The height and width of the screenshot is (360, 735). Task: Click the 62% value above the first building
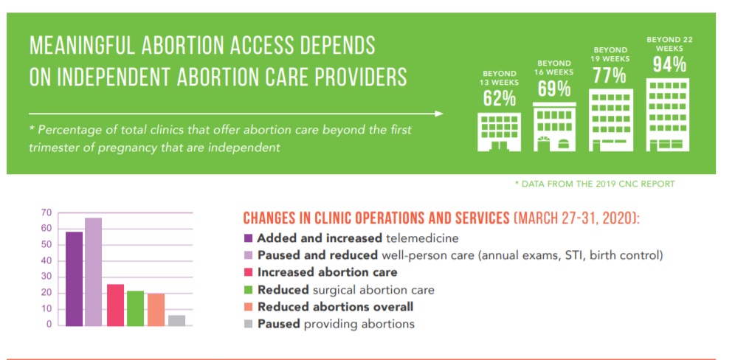tap(500, 97)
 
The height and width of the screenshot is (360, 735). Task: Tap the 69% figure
tap(554, 88)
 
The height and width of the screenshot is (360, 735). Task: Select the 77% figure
tap(609, 75)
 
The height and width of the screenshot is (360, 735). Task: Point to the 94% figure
tap(669, 64)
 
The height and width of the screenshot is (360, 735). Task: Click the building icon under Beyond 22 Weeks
tap(668, 115)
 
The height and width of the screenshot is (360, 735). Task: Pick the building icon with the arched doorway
tap(554, 127)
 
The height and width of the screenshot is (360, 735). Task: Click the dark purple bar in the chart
tap(74, 278)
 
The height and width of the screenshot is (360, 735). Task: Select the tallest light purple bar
tap(93, 272)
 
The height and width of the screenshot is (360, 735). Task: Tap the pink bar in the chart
tap(115, 305)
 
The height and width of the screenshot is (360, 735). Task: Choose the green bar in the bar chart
tap(135, 308)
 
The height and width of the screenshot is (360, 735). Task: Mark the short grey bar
tap(176, 320)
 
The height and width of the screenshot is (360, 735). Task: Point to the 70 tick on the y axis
tap(46, 212)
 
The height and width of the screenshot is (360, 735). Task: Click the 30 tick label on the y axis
tap(46, 277)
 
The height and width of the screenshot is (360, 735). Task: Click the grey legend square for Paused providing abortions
tap(249, 324)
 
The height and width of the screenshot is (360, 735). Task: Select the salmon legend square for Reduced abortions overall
tap(249, 307)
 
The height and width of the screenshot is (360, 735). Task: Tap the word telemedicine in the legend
tap(421, 238)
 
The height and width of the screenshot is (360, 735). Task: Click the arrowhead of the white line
tap(439, 114)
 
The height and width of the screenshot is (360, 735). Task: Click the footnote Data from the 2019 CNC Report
tap(595, 184)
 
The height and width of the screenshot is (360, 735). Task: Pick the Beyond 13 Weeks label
tap(500, 78)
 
